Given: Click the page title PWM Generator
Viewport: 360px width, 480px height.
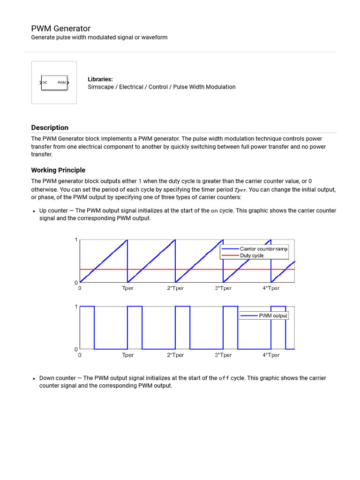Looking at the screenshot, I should [61, 29].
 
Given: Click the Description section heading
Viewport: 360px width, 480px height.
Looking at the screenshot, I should [50, 127].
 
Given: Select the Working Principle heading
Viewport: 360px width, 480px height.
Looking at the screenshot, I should [58, 170].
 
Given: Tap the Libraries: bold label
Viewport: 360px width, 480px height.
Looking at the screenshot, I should [100, 79].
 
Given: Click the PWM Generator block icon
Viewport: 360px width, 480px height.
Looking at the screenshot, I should [54, 82].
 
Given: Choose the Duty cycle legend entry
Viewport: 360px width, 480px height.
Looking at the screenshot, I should [252, 256].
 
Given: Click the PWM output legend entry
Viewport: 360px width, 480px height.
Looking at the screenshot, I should [273, 316].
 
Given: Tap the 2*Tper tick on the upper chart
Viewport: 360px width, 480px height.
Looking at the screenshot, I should [175, 288].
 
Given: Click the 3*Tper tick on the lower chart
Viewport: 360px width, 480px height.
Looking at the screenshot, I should [223, 355].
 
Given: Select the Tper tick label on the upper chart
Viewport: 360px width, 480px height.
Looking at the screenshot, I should [127, 288].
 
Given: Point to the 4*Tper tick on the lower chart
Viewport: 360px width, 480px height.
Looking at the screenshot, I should [271, 355].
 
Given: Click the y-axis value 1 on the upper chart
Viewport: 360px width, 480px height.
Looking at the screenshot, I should [76, 240].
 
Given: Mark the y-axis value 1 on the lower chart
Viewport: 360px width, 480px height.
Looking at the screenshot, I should [76, 307].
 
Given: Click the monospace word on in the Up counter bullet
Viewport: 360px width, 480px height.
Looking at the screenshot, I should [214, 211].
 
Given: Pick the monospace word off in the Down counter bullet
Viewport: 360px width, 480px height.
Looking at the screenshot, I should [224, 378].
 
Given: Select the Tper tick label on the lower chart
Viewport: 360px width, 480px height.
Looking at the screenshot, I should [127, 355].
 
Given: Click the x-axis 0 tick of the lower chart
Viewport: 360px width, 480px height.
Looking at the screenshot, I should [80, 355].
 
